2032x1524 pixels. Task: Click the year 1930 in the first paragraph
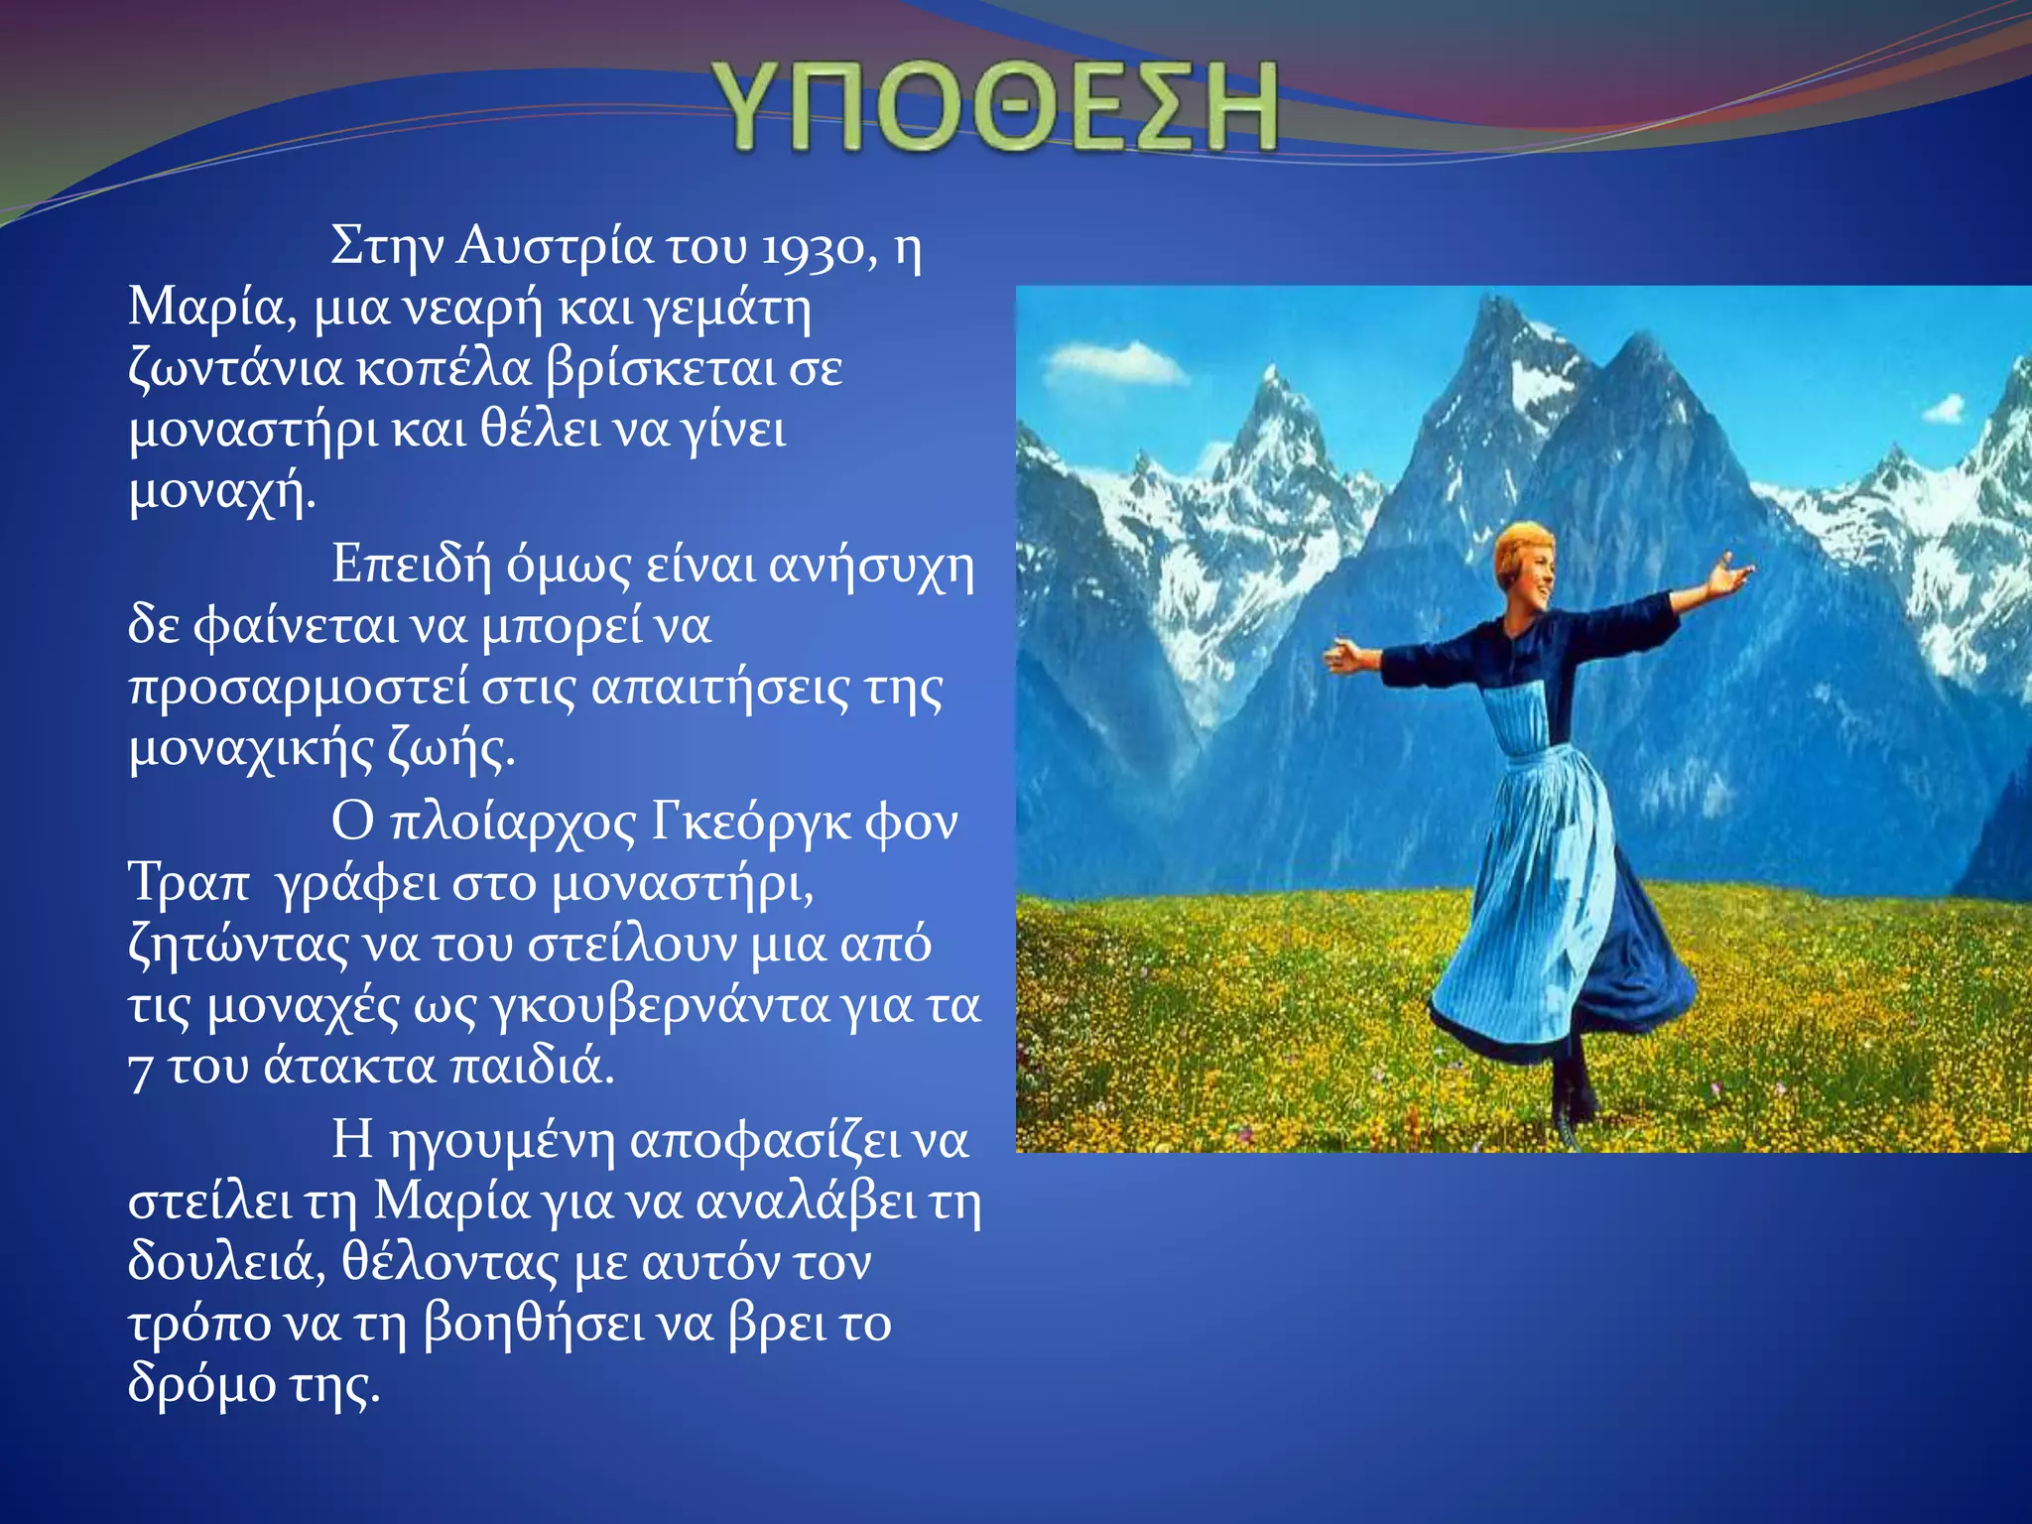(812, 248)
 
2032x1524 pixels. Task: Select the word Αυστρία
(556, 246)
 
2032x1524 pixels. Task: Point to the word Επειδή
(412, 566)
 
